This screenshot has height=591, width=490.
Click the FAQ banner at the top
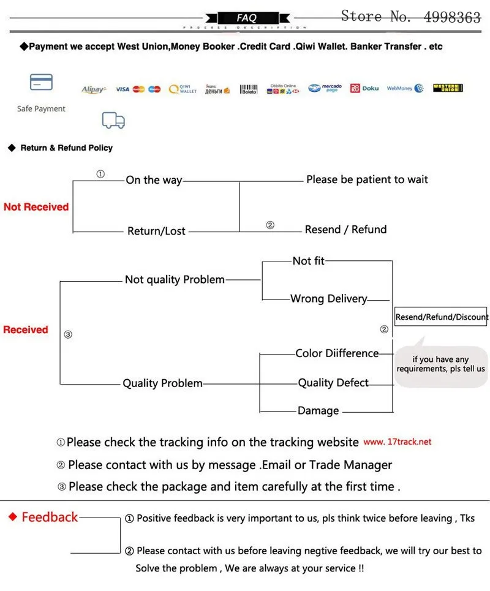(x=246, y=18)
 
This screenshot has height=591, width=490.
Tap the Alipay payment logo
(x=94, y=89)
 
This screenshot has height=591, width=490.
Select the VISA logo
(x=123, y=89)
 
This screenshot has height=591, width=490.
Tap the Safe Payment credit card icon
(x=41, y=82)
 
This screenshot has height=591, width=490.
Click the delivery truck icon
(x=113, y=120)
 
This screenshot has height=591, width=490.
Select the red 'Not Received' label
(x=36, y=207)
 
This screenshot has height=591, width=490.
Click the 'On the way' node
(x=154, y=180)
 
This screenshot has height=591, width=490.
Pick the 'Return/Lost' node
(x=156, y=231)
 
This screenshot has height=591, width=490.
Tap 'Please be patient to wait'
(x=367, y=179)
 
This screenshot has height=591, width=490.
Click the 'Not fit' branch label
(x=308, y=261)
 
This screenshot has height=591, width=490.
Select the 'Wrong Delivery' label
(x=329, y=299)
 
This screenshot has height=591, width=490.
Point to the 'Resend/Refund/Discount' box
(x=442, y=317)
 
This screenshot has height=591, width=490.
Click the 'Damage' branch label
(x=318, y=410)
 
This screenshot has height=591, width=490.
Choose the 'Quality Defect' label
(x=333, y=383)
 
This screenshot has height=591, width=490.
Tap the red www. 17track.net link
(x=398, y=442)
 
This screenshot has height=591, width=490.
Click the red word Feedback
(x=50, y=518)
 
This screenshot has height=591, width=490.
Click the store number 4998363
(x=453, y=17)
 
